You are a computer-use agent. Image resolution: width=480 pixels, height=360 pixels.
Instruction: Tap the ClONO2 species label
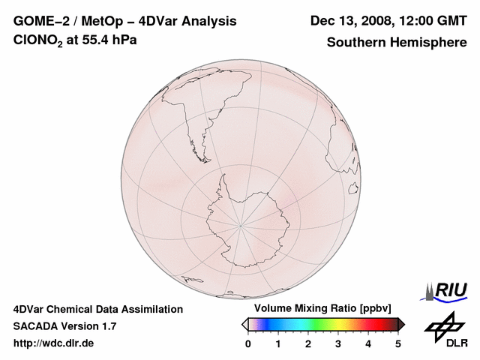coord(38,40)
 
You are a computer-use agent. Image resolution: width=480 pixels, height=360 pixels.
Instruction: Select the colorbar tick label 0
coord(248,343)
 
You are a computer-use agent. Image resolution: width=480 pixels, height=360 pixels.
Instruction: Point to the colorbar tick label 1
coord(278,343)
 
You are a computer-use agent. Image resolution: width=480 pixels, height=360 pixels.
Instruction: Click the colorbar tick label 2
coord(308,343)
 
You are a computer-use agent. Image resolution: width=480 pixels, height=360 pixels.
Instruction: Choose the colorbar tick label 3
coord(338,343)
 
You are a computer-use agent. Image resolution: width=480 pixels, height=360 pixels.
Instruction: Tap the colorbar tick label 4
coord(368,343)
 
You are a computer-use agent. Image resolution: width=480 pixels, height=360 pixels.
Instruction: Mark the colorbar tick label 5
coord(398,343)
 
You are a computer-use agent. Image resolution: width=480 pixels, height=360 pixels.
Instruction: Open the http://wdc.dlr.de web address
coord(54,343)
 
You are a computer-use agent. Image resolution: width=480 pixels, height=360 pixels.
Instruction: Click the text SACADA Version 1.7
coord(64,326)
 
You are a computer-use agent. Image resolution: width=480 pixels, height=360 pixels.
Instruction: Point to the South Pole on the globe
coord(241,223)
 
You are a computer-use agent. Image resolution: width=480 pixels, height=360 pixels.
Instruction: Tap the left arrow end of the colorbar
coord(244,324)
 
